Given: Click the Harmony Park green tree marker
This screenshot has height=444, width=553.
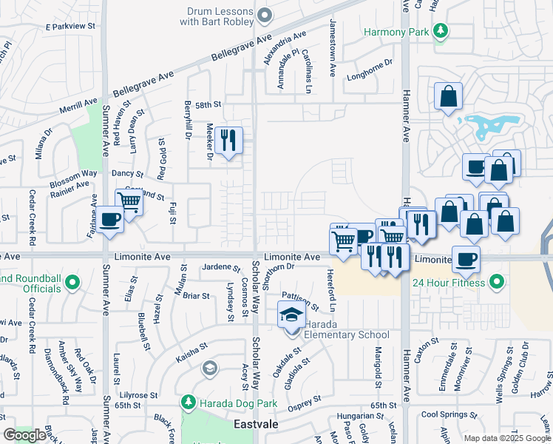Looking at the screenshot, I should [441, 31].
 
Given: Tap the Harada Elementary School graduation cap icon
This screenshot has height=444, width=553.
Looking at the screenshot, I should [291, 315].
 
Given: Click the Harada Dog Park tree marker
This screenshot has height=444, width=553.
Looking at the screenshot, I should [189, 402].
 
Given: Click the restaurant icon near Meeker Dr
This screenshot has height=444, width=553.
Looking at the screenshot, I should [228, 139].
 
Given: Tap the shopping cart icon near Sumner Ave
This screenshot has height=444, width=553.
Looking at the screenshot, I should [129, 201].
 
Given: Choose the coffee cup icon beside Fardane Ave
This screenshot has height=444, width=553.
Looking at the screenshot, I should [110, 220].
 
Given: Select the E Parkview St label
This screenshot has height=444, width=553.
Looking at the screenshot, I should [71, 26].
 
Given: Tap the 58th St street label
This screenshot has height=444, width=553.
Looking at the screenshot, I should [208, 105].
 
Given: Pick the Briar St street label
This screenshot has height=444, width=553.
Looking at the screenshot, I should [196, 296].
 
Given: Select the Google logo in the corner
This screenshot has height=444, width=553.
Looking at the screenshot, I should [24, 435].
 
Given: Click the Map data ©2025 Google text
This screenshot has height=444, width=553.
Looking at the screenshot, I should [507, 438].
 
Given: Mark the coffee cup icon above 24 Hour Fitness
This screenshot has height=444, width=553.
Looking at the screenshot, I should [467, 259].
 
